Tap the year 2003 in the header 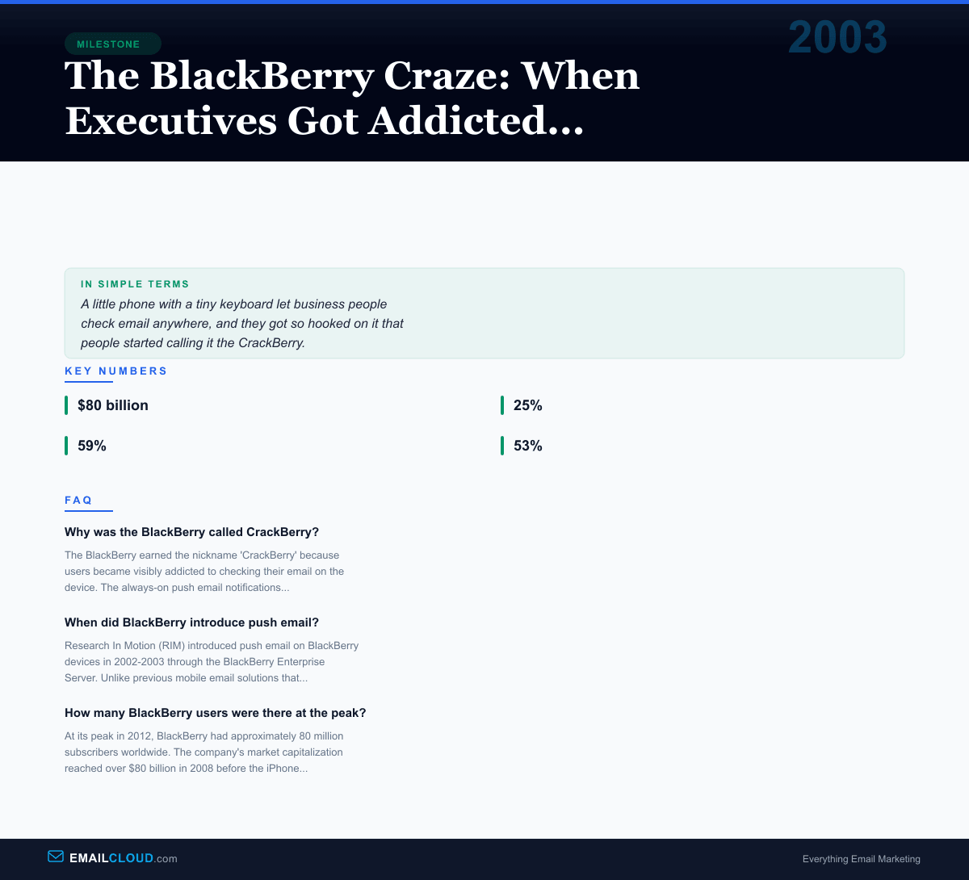[x=837, y=38]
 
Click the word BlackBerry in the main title [x=262, y=76]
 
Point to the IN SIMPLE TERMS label [x=135, y=284]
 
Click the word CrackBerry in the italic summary [x=271, y=342]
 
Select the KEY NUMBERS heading [x=116, y=371]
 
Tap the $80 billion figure [x=113, y=405]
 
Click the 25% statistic [x=528, y=405]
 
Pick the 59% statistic [x=92, y=446]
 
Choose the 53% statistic [x=528, y=446]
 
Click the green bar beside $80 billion [x=66, y=405]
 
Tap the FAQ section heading [x=79, y=501]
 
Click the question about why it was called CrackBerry [x=191, y=532]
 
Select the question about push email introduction [x=191, y=622]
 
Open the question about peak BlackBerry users [x=215, y=713]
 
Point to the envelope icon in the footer [x=56, y=857]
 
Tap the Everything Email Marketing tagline [x=861, y=859]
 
